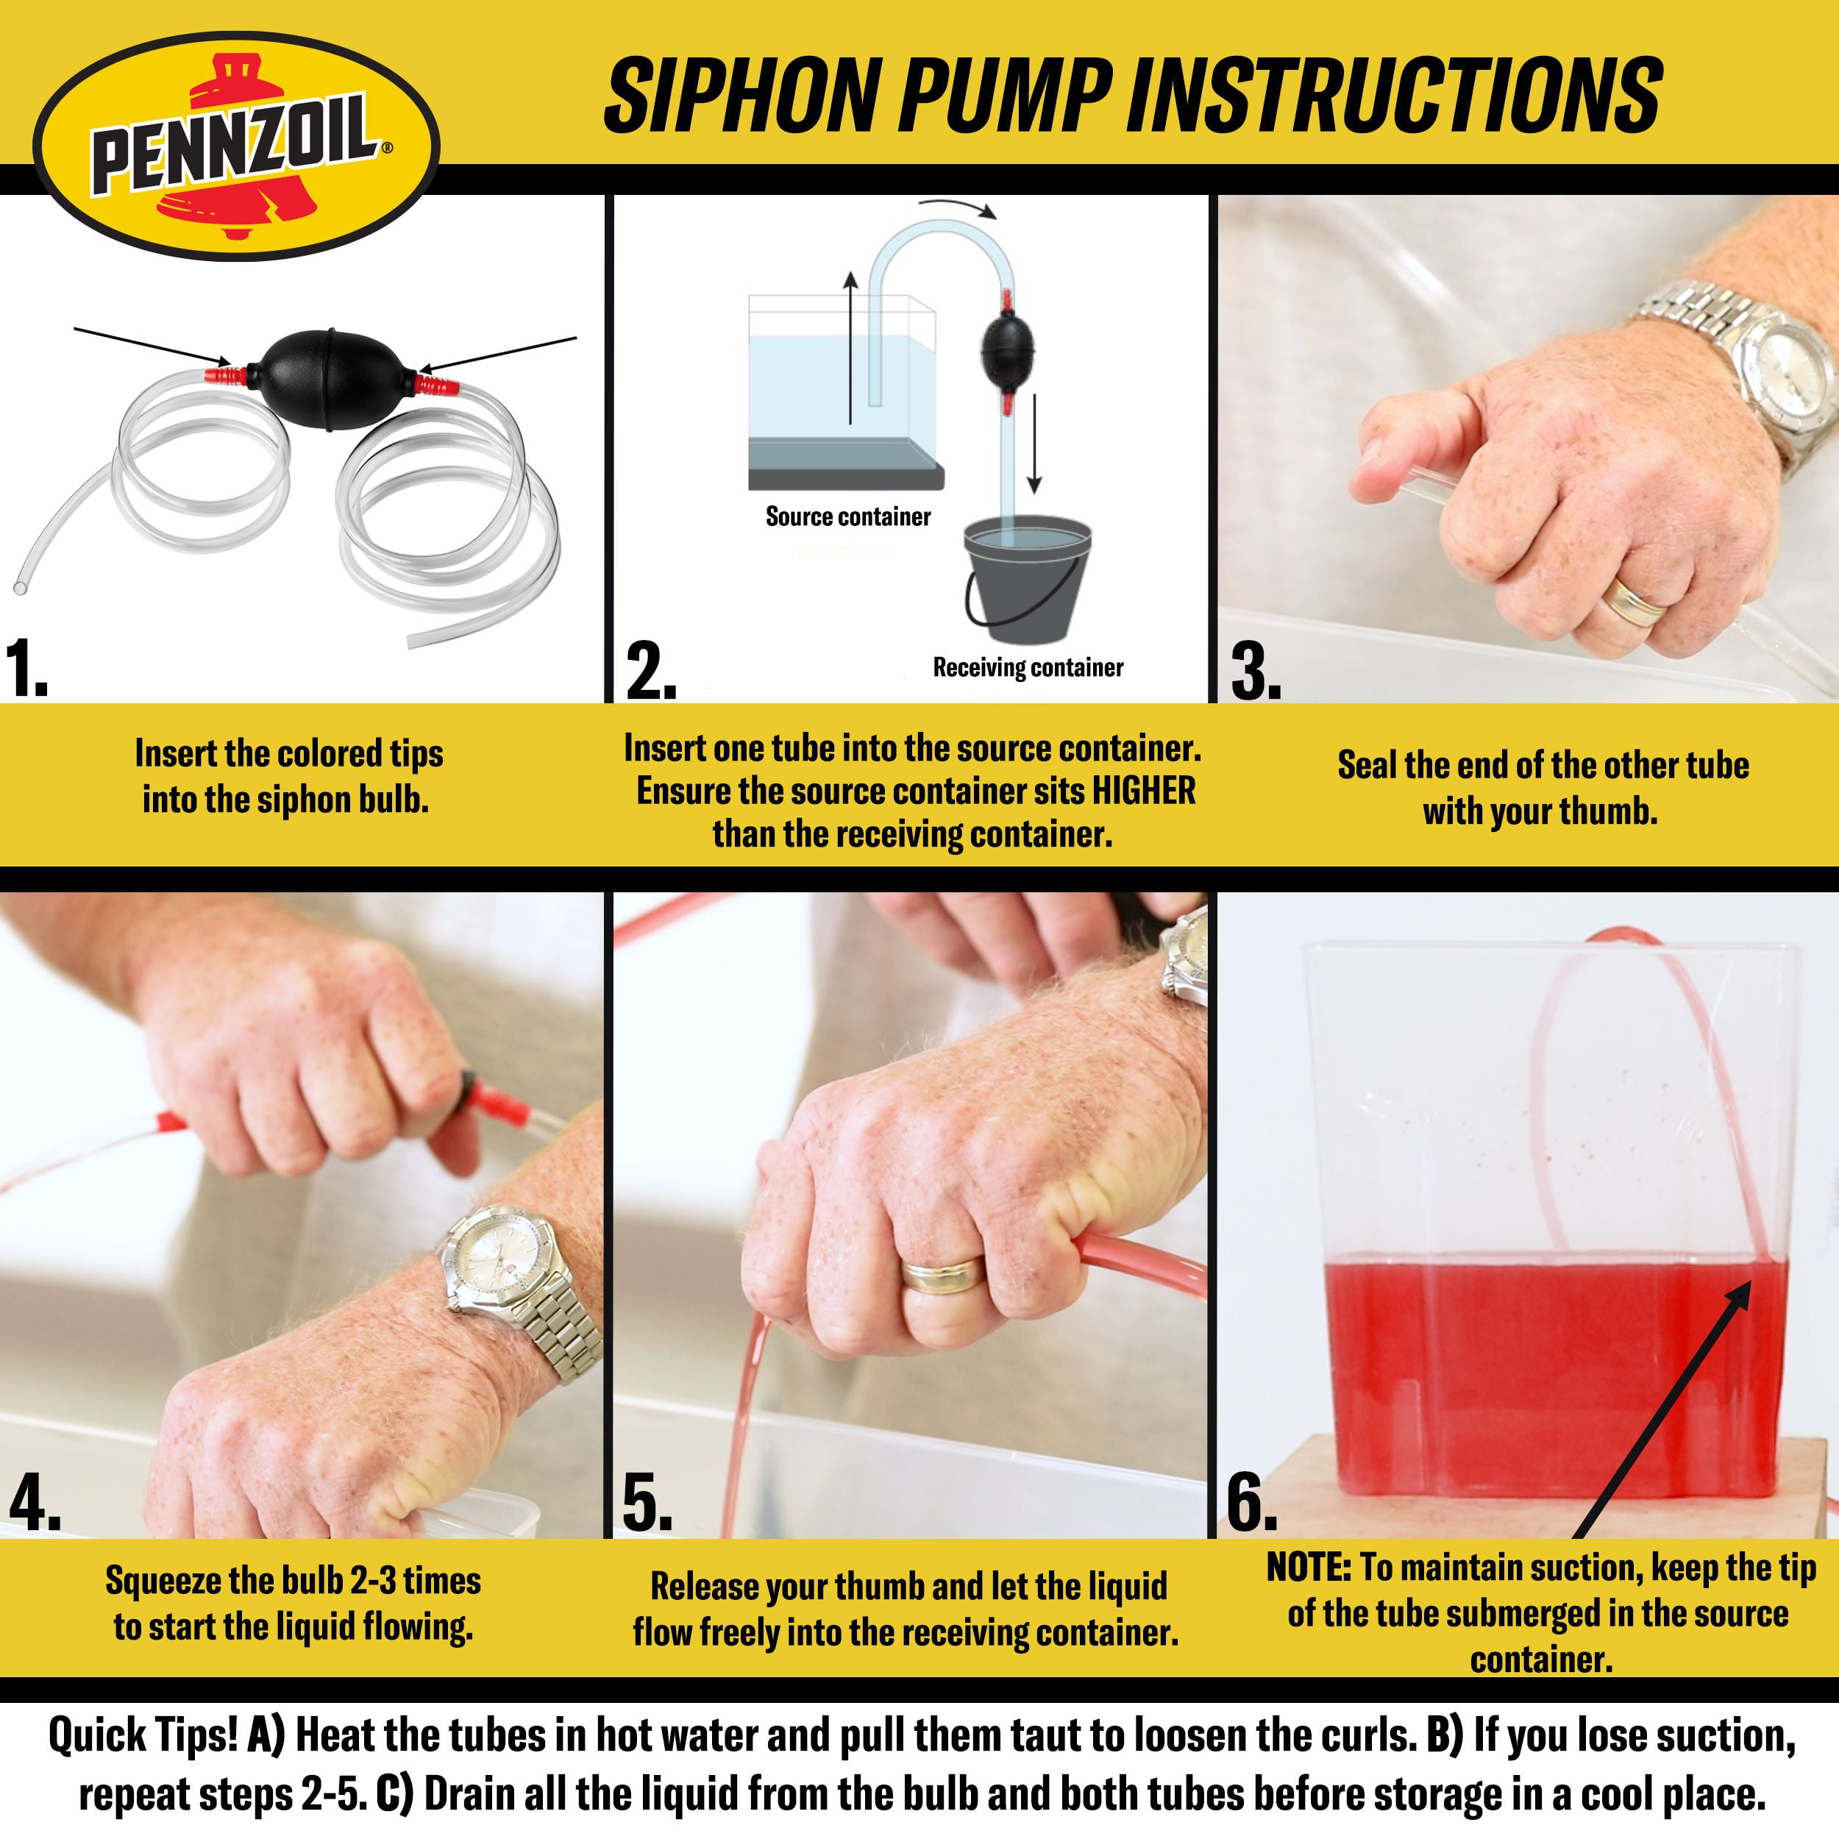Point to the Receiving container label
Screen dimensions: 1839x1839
(x=1028, y=667)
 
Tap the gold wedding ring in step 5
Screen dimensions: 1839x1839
(x=942, y=1273)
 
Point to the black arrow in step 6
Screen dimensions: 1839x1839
(x=1661, y=1409)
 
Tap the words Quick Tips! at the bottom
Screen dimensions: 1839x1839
(x=143, y=1735)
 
